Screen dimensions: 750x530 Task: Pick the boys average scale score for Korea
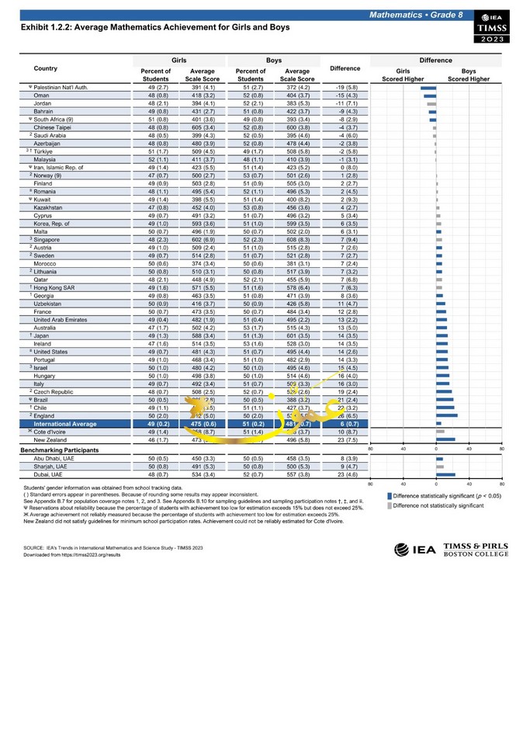297,223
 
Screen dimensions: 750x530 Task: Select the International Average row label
65,424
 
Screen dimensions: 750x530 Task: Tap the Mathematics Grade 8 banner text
416,16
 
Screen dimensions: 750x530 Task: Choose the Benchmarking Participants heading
61,450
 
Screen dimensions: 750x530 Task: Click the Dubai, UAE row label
50,474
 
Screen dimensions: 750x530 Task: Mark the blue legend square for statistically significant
389,495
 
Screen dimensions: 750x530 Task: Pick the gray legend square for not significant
389,505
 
